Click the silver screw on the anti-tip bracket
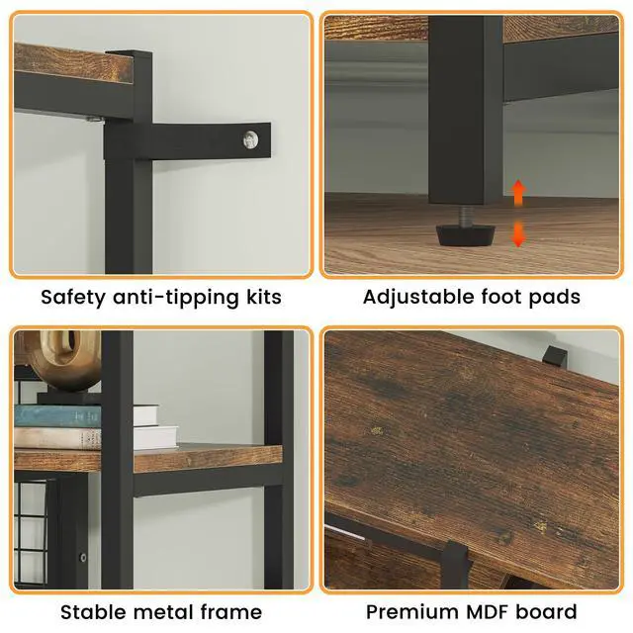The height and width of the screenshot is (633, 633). (x=250, y=140)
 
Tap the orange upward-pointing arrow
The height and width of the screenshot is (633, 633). (x=518, y=192)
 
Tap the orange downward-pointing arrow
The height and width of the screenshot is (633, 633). (x=518, y=233)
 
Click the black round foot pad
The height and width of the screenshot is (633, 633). (x=466, y=235)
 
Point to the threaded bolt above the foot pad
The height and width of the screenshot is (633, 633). (x=466, y=216)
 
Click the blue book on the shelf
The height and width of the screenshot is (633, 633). (x=57, y=415)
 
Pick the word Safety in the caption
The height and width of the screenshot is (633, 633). (x=72, y=298)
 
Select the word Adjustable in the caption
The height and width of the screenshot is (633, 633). (x=418, y=297)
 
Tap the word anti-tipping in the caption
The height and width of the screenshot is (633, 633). (x=176, y=298)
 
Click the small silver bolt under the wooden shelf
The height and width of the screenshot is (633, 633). (x=94, y=119)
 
